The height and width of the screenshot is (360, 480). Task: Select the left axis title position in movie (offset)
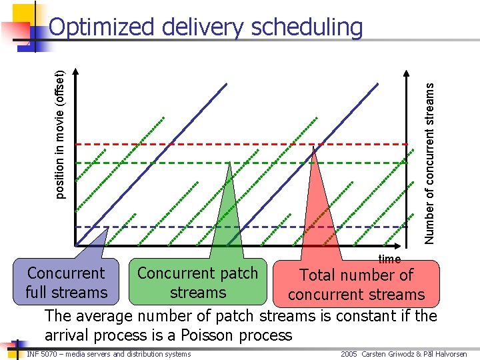point(60,134)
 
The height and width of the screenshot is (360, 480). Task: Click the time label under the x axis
point(389,259)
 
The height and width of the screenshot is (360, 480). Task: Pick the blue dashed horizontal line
point(167,227)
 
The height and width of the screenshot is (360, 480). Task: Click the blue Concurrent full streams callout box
point(66,283)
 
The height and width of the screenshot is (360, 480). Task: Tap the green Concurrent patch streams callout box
point(197,283)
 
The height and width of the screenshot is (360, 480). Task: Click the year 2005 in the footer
point(349,354)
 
